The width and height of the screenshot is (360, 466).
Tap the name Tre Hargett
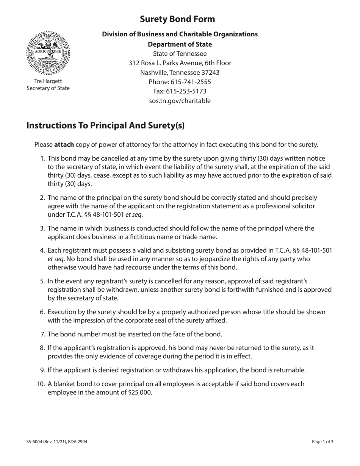(48, 81)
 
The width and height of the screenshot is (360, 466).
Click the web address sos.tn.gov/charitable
(180, 101)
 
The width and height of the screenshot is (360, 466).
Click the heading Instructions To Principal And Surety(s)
(105, 125)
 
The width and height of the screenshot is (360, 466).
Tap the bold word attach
(64, 144)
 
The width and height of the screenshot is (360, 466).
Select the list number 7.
(43, 334)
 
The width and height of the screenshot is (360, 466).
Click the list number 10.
(41, 384)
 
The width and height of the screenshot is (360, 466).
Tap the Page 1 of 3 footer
(323, 441)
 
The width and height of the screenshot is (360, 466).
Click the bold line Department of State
(180, 44)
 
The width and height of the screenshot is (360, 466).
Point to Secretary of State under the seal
(48, 88)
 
